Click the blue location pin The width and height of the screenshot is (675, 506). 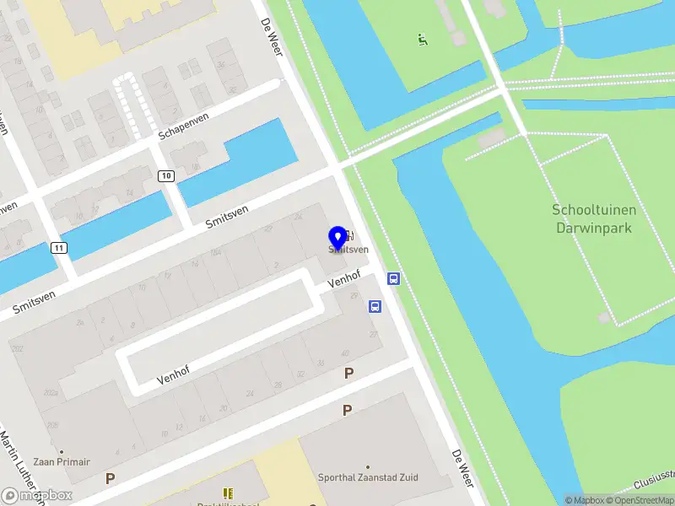(x=338, y=238)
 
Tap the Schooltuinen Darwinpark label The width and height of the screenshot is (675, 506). (x=593, y=218)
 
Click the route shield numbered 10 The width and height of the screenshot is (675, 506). (x=165, y=175)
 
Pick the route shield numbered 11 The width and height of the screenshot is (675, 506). (x=58, y=248)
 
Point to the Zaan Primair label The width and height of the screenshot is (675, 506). (x=62, y=461)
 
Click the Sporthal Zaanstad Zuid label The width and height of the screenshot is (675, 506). (x=368, y=477)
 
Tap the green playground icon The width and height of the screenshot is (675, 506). (x=422, y=39)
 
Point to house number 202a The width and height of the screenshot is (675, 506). (x=51, y=392)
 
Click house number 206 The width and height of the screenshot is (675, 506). (x=53, y=424)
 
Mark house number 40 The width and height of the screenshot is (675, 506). (x=345, y=353)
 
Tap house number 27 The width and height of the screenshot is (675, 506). (x=374, y=335)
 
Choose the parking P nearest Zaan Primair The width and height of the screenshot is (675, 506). (x=111, y=478)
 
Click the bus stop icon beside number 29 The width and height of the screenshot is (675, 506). (x=374, y=307)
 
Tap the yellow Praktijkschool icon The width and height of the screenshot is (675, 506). (x=228, y=493)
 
